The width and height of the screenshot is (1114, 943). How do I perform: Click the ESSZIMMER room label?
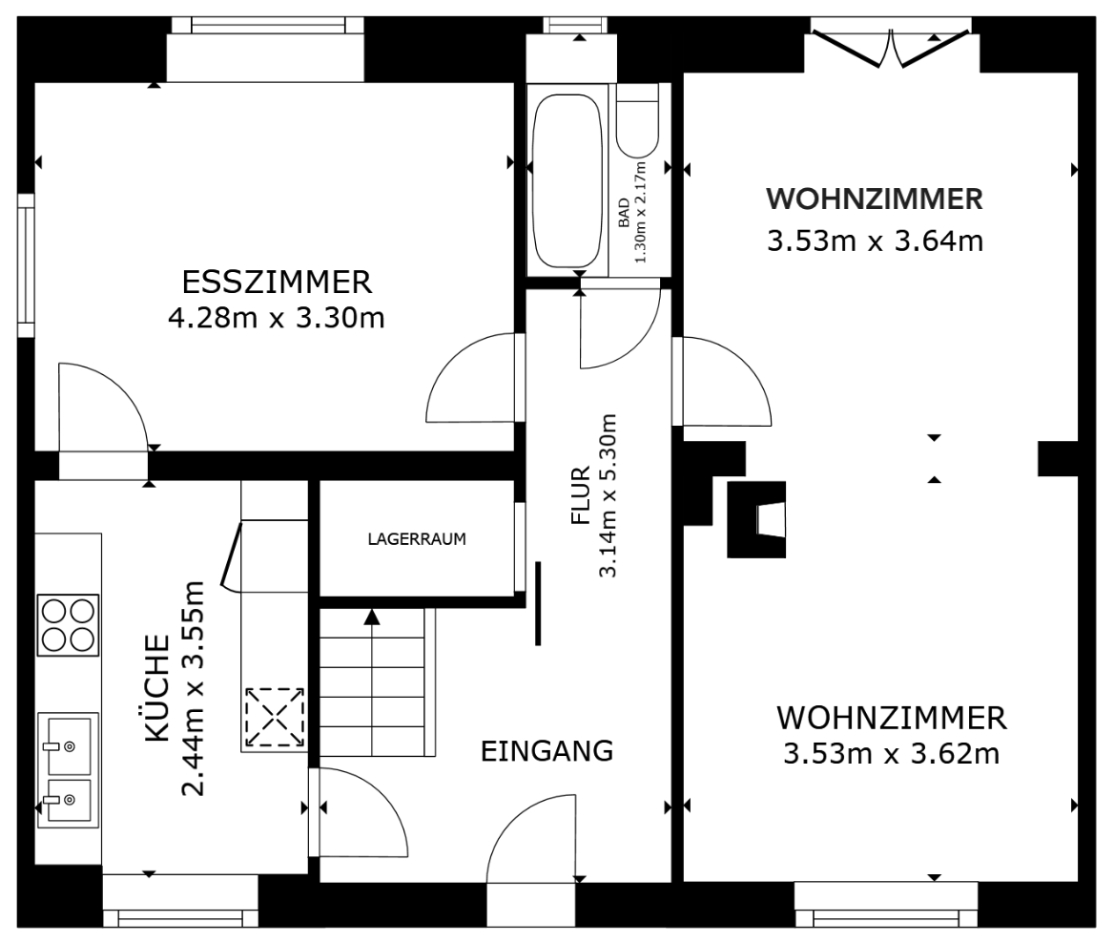pos(276,283)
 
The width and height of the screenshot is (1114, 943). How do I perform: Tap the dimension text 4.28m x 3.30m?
pos(276,317)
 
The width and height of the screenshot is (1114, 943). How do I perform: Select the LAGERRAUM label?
pos(417,538)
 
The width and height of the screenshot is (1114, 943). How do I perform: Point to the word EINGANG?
pos(547,751)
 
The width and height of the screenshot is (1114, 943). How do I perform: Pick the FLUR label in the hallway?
pos(581,496)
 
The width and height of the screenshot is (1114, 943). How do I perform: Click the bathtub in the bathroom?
pos(567,181)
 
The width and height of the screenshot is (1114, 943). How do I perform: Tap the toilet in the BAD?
pos(637,122)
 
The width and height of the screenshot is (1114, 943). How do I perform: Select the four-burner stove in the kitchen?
pos(68,625)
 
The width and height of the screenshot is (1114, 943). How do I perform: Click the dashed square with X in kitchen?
pos(275,717)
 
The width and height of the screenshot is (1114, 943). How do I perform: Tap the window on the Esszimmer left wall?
pos(26,264)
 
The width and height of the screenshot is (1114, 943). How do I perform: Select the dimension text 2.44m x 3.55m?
pos(195,688)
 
